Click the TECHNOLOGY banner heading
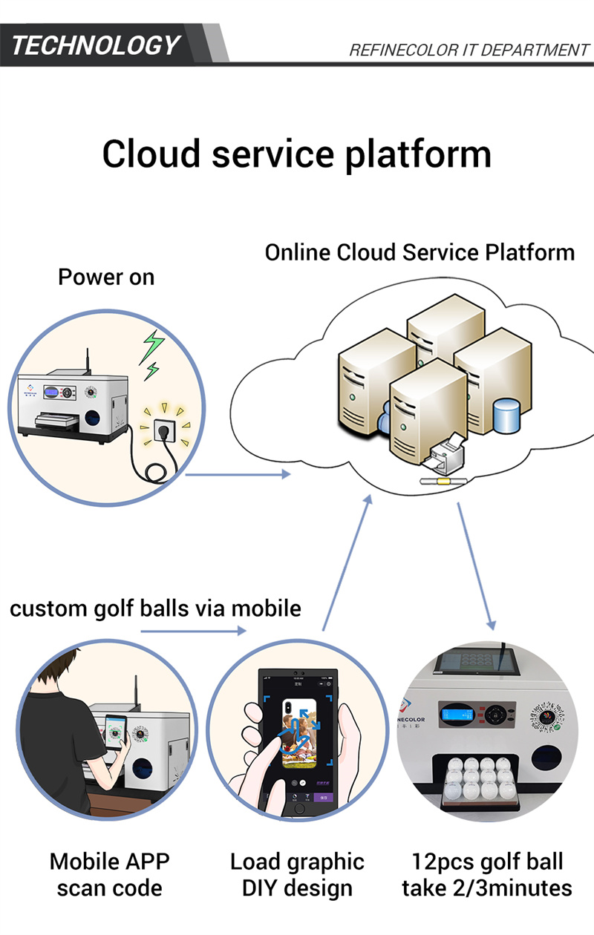pos(96,45)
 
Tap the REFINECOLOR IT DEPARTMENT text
pos(469,50)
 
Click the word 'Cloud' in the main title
pos(151,154)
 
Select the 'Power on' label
pos(106,278)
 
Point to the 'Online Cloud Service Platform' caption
pos(420,252)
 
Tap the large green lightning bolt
pos(153,345)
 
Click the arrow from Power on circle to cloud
pos(238,473)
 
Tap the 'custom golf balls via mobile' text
pos(155,608)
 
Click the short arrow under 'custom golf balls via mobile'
pos(193,631)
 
